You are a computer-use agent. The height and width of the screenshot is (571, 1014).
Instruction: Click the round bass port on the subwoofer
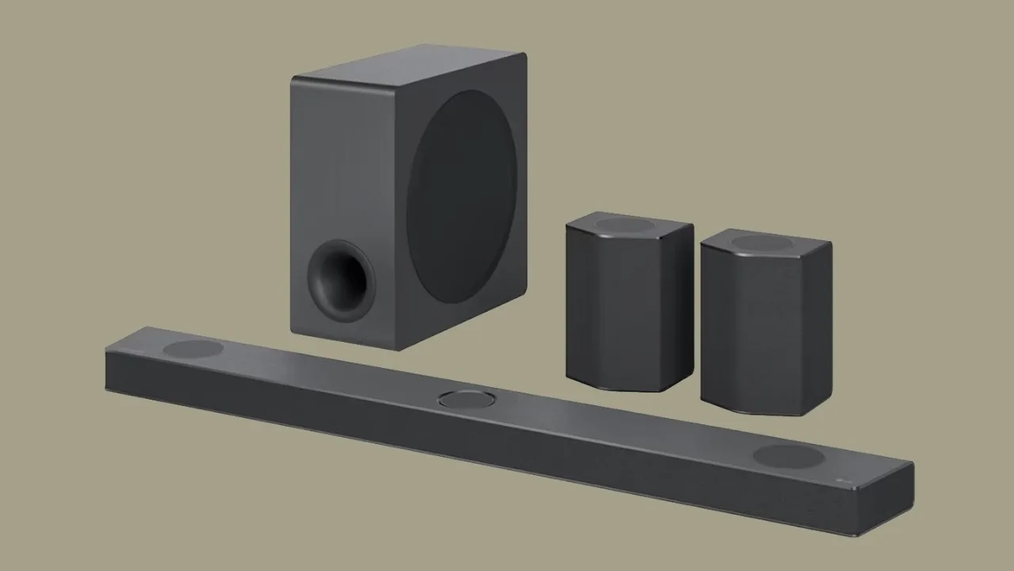tap(341, 280)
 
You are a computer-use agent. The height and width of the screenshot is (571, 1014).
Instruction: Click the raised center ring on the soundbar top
tap(468, 398)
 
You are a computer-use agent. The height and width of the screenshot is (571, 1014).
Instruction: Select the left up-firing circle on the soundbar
tap(193, 348)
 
